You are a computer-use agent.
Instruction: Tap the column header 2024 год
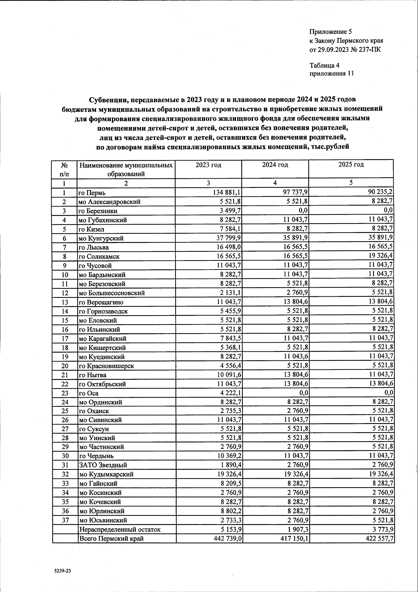tap(275, 165)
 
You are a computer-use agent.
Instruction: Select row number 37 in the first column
tap(65, 520)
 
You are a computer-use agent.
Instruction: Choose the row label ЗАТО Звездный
tap(103, 465)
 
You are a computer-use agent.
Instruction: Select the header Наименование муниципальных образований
tap(126, 169)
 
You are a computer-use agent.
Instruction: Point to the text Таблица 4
tap(324, 65)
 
